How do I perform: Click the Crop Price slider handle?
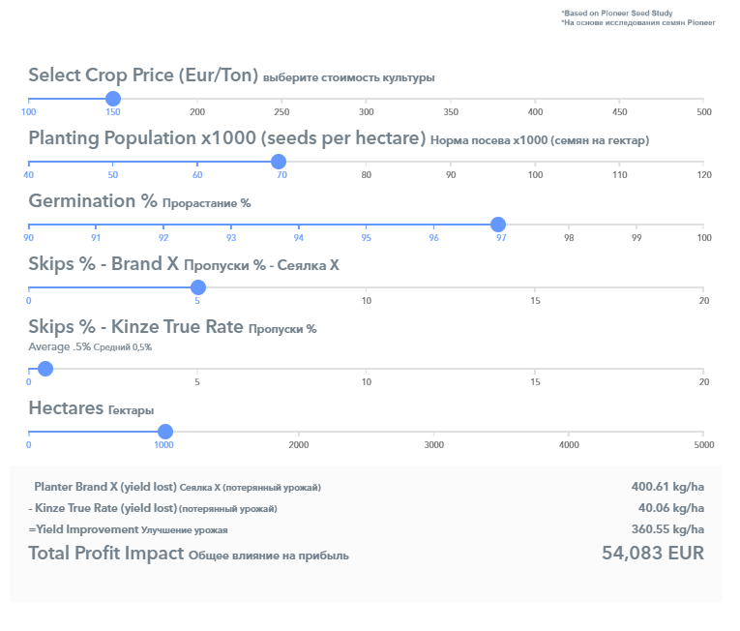[113, 98]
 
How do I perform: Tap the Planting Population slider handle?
[279, 162]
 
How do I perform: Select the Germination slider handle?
[498, 225]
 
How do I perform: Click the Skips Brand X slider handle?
[198, 287]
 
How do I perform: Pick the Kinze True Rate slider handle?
[44, 369]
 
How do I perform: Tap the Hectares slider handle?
[164, 432]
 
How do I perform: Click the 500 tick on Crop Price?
[704, 112]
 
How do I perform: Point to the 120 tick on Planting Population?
[704, 175]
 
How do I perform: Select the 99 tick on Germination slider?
[636, 238]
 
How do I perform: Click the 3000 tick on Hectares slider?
[434, 445]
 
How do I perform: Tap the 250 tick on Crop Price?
[282, 112]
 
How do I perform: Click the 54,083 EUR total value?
[653, 554]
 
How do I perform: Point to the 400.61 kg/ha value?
[667, 487]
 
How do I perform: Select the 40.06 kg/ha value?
[670, 508]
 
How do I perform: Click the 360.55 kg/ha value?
[667, 529]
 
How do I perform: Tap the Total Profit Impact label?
[105, 554]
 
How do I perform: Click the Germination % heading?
[93, 201]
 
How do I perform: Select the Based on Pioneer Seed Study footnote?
[611, 13]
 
